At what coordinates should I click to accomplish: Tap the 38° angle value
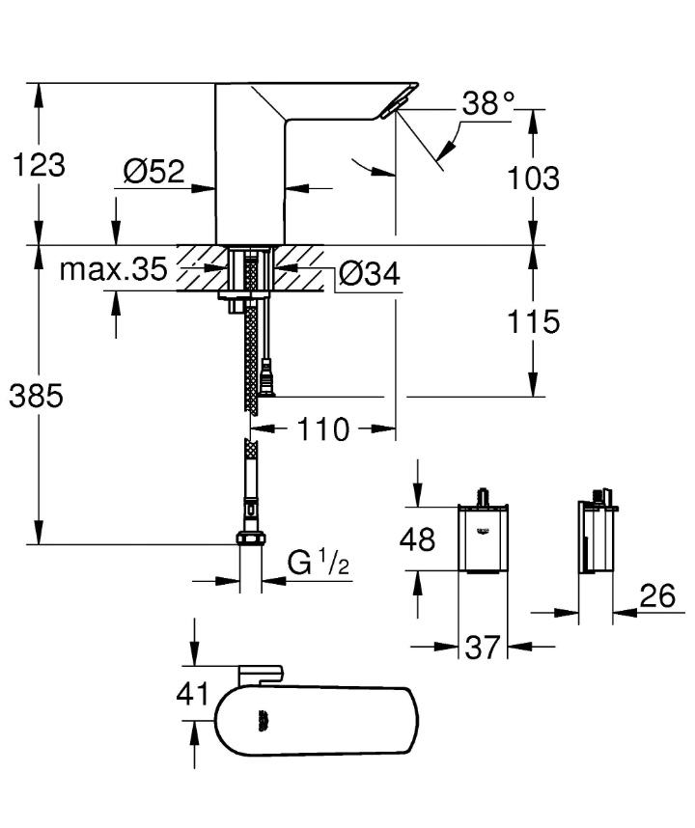(x=488, y=103)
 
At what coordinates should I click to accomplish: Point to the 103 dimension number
(x=533, y=178)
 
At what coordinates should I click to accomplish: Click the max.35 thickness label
(x=113, y=268)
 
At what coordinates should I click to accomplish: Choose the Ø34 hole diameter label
(x=369, y=275)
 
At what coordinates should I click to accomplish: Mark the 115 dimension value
(x=533, y=321)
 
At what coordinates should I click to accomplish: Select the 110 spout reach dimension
(x=324, y=429)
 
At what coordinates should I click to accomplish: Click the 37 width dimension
(x=484, y=647)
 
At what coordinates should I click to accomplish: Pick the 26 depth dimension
(x=655, y=596)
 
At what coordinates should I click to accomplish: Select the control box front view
(x=482, y=537)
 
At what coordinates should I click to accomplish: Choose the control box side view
(x=595, y=537)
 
